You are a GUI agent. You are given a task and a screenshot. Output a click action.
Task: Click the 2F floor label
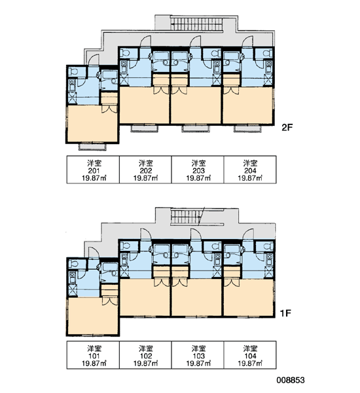pyautogui.click(x=287, y=128)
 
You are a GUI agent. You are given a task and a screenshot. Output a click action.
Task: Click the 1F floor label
pyautogui.click(x=285, y=313)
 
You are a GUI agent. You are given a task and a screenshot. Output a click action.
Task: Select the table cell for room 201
pyautogui.click(x=93, y=170)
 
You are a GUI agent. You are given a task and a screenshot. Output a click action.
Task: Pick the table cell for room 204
pyautogui.click(x=250, y=170)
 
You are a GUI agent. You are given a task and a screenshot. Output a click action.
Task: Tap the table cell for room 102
pyautogui.click(x=145, y=355)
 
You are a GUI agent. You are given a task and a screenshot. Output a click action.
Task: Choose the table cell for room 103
pyautogui.click(x=198, y=355)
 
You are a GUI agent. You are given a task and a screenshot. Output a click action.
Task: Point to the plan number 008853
pyautogui.click(x=291, y=380)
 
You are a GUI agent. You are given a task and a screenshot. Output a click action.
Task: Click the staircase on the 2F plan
pyautogui.click(x=196, y=23)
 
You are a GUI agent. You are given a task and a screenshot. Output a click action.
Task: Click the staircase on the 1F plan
pyautogui.click(x=187, y=217)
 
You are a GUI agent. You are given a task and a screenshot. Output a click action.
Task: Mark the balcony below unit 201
pyautogui.click(x=92, y=147)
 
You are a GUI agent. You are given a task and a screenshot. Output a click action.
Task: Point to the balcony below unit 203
pyautogui.click(x=196, y=128)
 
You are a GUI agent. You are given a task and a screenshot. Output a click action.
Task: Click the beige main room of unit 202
pyautogui.click(x=145, y=105)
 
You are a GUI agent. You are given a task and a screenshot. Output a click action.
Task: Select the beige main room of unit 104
pyautogui.click(x=248, y=297)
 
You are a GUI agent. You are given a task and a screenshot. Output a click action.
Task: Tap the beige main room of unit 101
pyautogui.click(x=92, y=316)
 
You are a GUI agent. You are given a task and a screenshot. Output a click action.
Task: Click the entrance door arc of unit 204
pyautogui.click(x=247, y=41)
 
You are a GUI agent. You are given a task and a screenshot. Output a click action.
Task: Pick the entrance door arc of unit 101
pyautogui.click(x=94, y=252)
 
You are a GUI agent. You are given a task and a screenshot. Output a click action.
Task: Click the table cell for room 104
pyautogui.click(x=250, y=355)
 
